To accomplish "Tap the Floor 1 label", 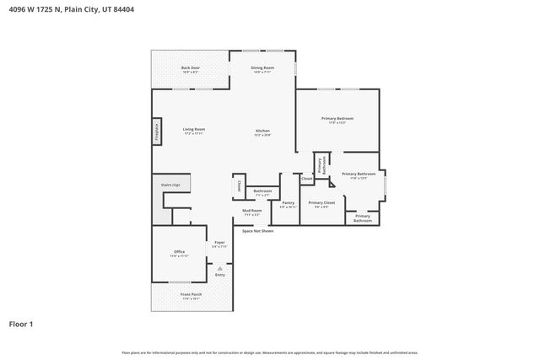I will (x=21, y=323).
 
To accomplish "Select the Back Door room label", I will (x=190, y=69).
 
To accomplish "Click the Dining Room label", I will (x=262, y=69).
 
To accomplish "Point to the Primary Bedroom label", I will (x=337, y=120).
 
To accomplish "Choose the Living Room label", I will (x=194, y=131).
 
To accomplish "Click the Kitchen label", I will (x=262, y=132).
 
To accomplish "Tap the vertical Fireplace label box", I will (x=157, y=132).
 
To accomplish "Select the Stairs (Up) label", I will (x=170, y=184).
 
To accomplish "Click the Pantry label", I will (x=289, y=203).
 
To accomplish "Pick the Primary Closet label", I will (x=321, y=203).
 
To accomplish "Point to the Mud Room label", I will (x=251, y=212).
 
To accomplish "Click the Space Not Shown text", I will (x=257, y=230).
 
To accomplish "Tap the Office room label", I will (x=179, y=252).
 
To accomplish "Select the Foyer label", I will (x=219, y=244).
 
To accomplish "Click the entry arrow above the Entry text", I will (x=219, y=268).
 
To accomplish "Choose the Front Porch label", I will (x=190, y=295).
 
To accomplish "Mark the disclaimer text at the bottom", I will (x=269, y=352).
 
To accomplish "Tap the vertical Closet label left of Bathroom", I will (x=239, y=186).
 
